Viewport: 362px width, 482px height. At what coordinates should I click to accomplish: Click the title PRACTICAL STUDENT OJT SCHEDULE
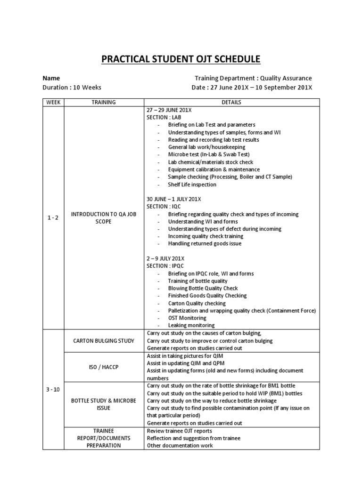click(181, 59)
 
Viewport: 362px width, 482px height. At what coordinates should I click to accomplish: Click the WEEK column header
click(53, 102)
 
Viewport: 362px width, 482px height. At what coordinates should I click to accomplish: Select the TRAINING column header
click(104, 102)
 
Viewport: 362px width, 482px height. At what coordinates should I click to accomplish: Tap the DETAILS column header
click(231, 102)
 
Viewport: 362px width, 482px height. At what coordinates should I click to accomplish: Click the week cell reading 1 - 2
click(53, 217)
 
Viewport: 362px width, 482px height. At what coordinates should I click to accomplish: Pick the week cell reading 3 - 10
click(53, 389)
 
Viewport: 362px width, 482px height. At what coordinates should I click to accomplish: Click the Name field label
click(51, 78)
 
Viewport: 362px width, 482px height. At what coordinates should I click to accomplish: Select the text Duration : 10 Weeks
click(72, 88)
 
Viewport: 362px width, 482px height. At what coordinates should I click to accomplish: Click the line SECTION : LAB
click(164, 117)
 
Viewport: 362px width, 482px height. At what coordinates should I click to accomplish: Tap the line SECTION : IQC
click(164, 206)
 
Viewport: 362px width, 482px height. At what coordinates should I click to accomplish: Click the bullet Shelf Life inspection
click(192, 185)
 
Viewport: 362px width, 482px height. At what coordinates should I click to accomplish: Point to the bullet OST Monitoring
click(187, 318)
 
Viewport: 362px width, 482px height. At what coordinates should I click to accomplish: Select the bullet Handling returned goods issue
click(205, 244)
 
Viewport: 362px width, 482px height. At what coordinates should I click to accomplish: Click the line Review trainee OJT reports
click(179, 431)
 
